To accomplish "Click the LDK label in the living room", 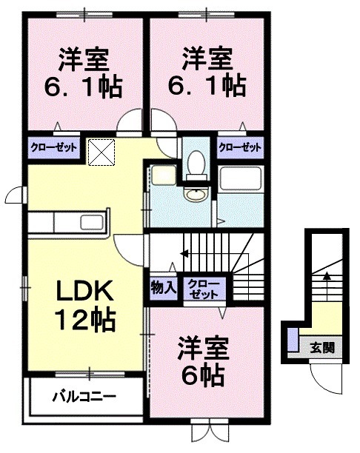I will pyautogui.click(x=83, y=291).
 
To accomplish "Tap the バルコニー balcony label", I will pyautogui.click(x=83, y=396).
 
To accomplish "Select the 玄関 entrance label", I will pyautogui.click(x=321, y=346).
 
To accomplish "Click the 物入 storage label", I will pyautogui.click(x=163, y=287).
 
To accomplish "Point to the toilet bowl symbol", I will pyautogui.click(x=196, y=162).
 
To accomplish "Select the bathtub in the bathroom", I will pyautogui.click(x=241, y=178).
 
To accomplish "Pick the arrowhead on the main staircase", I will pyautogui.click(x=182, y=254).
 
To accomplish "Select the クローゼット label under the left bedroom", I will pyautogui.click(x=54, y=147).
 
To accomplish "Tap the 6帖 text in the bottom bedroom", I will pyautogui.click(x=202, y=376).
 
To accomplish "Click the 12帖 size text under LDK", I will pyautogui.click(x=83, y=320).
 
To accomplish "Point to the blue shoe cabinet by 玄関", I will pyautogui.click(x=293, y=340).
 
